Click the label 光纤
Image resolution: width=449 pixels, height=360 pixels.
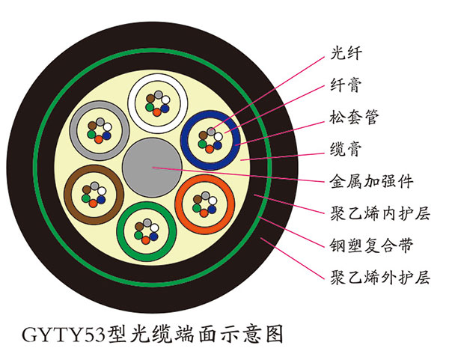[x=346, y=53]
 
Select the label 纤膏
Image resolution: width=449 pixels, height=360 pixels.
[x=346, y=85]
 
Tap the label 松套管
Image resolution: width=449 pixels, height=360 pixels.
[x=354, y=117]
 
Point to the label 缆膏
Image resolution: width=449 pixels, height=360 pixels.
[x=346, y=149]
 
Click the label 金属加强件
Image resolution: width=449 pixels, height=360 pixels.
[x=371, y=181]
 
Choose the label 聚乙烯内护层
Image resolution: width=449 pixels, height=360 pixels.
[x=380, y=213]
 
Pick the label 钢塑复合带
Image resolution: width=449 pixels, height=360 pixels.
[x=371, y=245]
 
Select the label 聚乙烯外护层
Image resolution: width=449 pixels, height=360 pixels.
[x=380, y=278]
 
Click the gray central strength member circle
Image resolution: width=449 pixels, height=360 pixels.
[x=152, y=168]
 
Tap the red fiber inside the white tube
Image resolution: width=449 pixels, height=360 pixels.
[x=156, y=112]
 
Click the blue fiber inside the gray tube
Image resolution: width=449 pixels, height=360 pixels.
[x=106, y=135]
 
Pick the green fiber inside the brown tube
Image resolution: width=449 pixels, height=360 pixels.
[x=85, y=198]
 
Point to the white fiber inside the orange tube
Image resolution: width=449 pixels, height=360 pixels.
[x=213, y=201]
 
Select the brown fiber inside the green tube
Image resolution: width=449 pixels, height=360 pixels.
[x=139, y=227]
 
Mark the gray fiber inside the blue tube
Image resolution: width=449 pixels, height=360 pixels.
[x=211, y=132]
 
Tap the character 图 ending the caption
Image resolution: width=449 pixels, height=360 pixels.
[x=275, y=334]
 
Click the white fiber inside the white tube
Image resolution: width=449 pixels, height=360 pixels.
[x=165, y=100]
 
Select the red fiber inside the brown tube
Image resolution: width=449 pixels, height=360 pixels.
[x=93, y=204]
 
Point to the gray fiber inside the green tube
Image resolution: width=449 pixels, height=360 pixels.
[x=147, y=222]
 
